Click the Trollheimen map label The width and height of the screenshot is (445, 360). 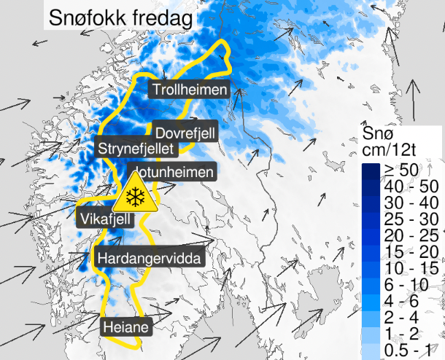(190, 90)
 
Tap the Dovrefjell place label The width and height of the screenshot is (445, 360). (185, 133)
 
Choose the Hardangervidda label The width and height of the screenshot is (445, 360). (148, 258)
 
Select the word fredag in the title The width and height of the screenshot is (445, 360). (157, 15)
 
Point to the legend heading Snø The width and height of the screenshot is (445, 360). (378, 133)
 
